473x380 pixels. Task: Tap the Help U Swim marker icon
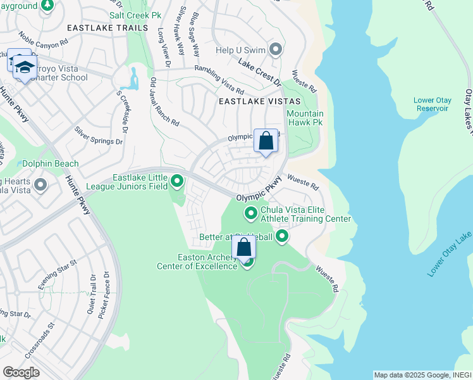[275, 49]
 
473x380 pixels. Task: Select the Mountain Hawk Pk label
[305, 118]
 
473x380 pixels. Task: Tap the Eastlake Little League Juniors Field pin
[178, 182]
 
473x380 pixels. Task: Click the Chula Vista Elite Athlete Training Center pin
[251, 213]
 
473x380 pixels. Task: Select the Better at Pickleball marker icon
[282, 237]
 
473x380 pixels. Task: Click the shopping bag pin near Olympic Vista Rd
[266, 141]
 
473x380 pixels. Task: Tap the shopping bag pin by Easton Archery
[243, 248]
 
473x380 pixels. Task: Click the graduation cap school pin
[24, 68]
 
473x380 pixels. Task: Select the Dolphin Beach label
[51, 163]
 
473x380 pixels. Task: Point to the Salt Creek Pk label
[135, 14]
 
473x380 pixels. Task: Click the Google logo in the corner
[21, 372]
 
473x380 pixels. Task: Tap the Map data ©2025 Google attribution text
[422, 375]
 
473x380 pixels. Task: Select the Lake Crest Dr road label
[259, 73]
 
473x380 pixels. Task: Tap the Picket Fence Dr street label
[105, 294]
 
